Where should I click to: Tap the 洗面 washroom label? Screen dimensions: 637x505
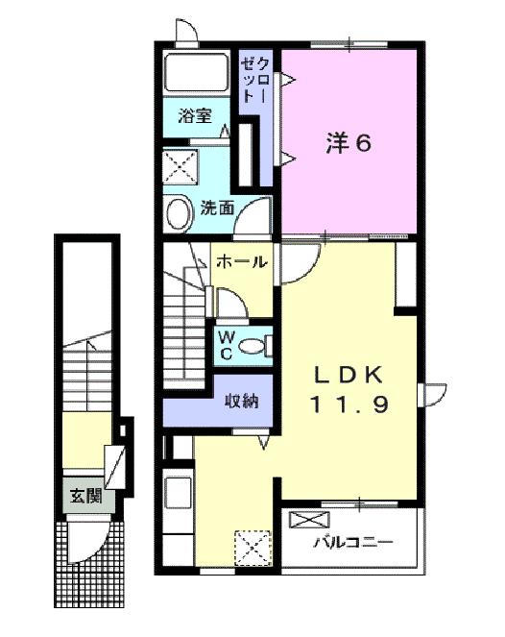coord(218,207)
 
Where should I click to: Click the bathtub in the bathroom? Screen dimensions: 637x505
coord(195,73)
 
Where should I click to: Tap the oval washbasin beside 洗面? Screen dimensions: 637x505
coord(178,213)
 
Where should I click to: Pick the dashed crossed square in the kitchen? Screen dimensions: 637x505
coord(251,549)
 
